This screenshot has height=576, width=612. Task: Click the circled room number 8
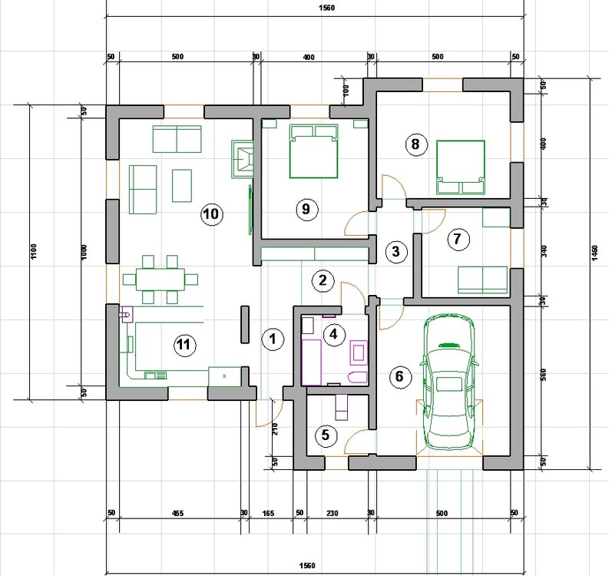tap(415, 144)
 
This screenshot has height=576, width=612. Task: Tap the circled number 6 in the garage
tap(399, 376)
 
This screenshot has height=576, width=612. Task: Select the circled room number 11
tap(184, 345)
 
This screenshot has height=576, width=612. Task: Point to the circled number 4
tap(333, 334)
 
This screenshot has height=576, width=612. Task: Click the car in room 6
tap(449, 382)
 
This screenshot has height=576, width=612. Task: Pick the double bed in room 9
tap(313, 151)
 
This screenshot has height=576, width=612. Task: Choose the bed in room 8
tap(461, 167)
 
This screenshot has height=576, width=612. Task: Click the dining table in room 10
tap(160, 280)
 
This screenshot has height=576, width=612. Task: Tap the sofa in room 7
tap(483, 280)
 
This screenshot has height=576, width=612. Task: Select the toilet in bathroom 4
tap(357, 377)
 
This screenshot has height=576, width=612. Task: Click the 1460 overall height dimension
tap(594, 253)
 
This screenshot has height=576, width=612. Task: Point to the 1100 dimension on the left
tap(33, 251)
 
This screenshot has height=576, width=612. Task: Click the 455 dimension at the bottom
tap(177, 513)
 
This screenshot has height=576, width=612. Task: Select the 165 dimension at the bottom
tap(268, 513)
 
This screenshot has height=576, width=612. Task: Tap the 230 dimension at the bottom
tap(332, 513)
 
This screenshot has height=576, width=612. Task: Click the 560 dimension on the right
tap(544, 375)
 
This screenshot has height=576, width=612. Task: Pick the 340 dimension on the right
tap(544, 250)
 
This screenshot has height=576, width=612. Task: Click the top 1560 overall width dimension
tap(326, 8)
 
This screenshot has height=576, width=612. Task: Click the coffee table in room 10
tap(182, 185)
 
